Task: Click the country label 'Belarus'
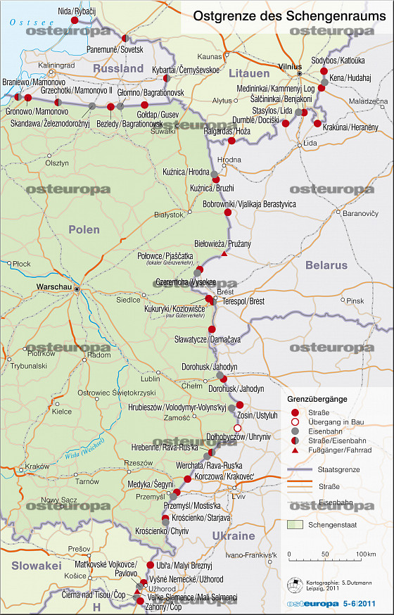coord(326,265)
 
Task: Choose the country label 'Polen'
coord(84,229)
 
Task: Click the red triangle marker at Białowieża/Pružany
coord(224,253)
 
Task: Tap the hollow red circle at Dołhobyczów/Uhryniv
coord(238,429)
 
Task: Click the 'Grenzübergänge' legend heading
coord(317,399)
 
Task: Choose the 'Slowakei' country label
coord(32,565)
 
